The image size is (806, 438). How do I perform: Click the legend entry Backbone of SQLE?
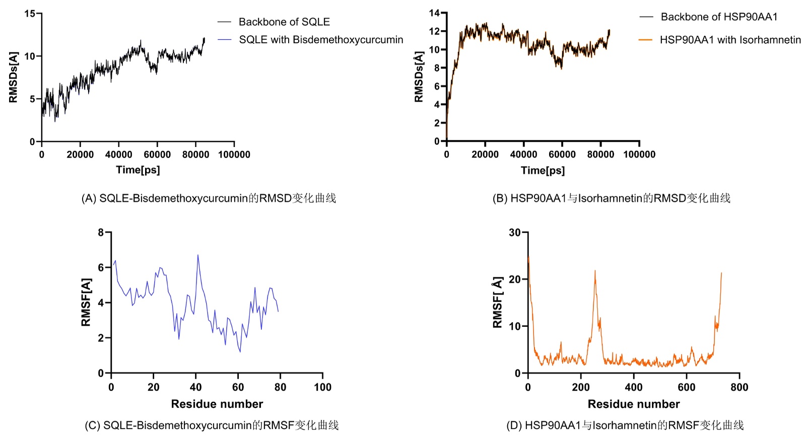(284, 22)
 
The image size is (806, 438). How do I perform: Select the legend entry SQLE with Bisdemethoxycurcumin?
(321, 39)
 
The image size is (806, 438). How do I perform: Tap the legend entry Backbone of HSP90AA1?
(719, 17)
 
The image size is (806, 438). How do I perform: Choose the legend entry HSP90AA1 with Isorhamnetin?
(730, 39)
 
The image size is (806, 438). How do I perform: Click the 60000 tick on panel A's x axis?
(157, 154)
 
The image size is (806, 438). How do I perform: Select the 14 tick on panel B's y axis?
(434, 13)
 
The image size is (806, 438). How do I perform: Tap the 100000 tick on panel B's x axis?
(639, 154)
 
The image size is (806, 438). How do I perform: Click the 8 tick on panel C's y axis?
(101, 232)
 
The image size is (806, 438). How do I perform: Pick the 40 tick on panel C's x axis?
(195, 387)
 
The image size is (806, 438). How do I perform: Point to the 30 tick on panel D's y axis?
(514, 232)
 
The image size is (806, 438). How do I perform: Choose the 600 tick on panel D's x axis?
(687, 387)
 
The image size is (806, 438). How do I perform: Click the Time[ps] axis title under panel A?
(138, 170)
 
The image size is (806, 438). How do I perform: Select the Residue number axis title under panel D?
(634, 404)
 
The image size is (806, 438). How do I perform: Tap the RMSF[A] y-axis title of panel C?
(86, 302)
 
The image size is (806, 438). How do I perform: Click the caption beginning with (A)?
(209, 198)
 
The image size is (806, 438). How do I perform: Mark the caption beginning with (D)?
(625, 425)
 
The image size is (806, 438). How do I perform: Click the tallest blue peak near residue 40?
(197, 255)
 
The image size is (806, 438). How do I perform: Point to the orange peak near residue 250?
(595, 271)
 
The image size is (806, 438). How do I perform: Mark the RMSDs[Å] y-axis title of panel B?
(419, 77)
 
